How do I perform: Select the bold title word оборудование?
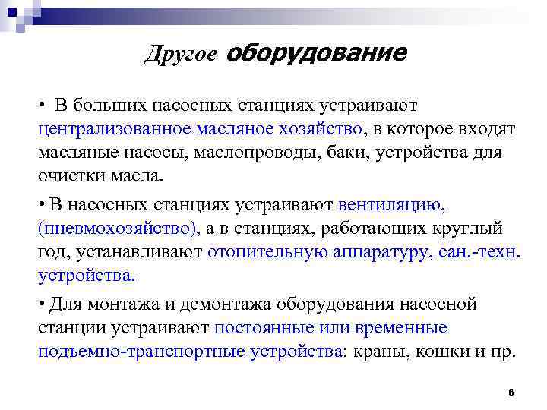click(x=315, y=53)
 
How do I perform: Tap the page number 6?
click(x=511, y=392)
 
